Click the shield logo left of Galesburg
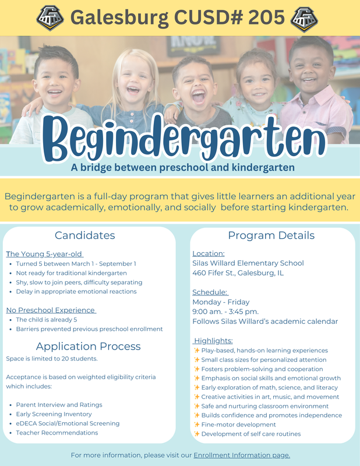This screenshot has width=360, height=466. coord(50,18)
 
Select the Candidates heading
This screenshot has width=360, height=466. coord(85,235)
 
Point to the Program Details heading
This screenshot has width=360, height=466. coord(271,235)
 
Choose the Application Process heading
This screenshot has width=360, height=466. coord(88,346)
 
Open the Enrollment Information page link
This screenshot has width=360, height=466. coord(242,455)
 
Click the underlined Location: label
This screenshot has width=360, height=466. coord(209,253)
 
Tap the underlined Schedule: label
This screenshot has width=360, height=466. coord(210,292)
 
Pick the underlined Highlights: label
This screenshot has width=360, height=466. coord(213,341)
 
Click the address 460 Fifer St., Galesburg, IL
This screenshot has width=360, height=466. coord(239,273)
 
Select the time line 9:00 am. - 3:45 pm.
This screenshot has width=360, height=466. coord(225,312)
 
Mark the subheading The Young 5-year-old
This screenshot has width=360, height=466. coord(44,254)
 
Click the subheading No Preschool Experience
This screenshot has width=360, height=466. coord(50,310)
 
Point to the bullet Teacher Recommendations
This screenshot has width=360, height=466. coord(57,433)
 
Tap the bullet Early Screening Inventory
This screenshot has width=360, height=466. coord(54,414)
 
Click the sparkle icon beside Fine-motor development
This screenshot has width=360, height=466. coord(196,425)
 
